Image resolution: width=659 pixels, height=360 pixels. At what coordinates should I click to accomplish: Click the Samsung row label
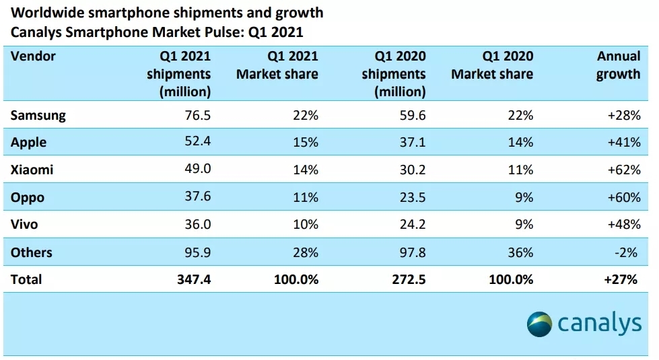coord(38,115)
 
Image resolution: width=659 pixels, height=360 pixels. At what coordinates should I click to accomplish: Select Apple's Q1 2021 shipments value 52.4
coord(197,143)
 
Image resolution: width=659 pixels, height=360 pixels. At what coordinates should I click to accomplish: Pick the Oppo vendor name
coord(28,197)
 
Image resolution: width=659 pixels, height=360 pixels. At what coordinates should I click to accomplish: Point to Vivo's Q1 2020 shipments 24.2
coord(412,225)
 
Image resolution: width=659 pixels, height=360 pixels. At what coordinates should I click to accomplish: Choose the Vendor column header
coord(33,57)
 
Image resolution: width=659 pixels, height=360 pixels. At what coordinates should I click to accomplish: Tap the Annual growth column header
coord(618,65)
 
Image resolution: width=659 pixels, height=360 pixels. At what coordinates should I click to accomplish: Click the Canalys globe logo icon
coord(540,324)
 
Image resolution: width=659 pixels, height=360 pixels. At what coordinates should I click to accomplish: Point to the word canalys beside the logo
coord(599,324)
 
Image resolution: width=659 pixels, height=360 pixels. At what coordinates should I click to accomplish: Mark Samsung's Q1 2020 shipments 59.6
coord(412,115)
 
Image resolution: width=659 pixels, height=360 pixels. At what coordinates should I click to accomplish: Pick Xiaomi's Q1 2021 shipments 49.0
coord(197,170)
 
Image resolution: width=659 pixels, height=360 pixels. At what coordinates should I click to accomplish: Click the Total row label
coord(26,279)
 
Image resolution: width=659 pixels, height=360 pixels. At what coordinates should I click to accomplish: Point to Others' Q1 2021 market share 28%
coord(304,252)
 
